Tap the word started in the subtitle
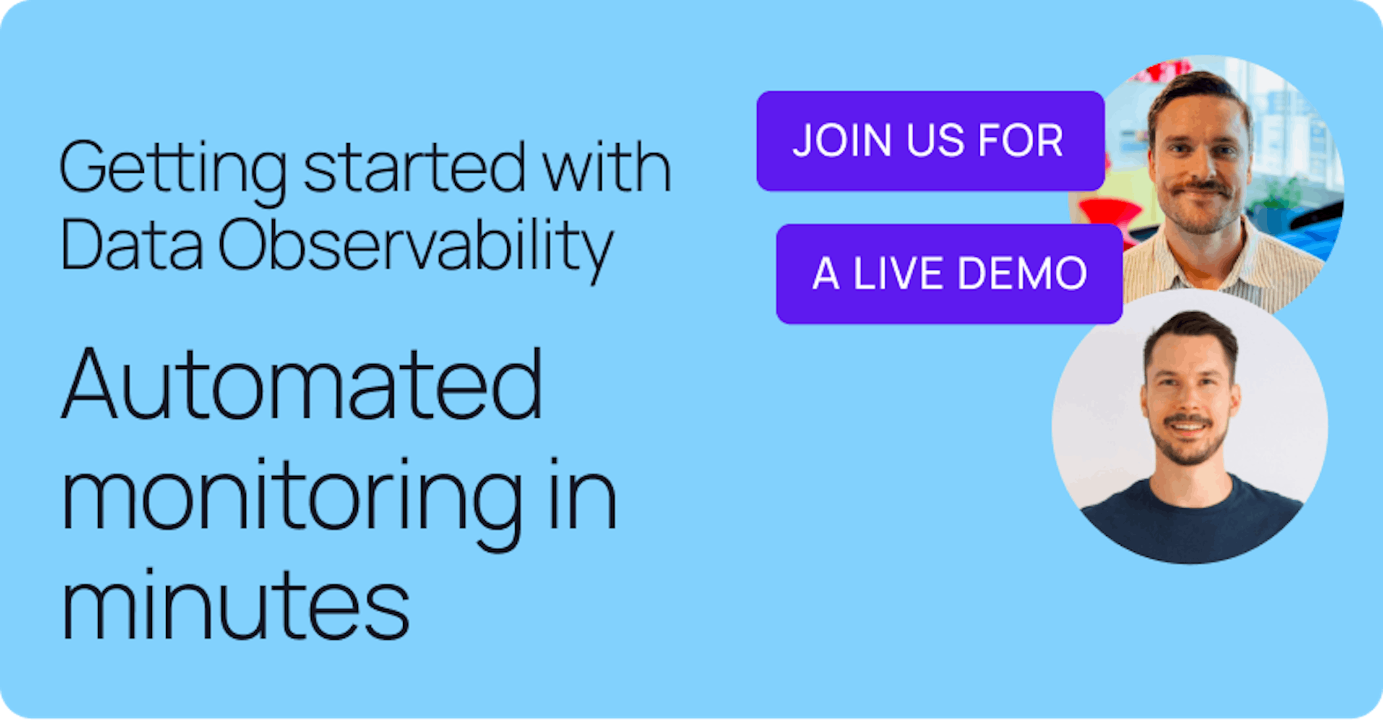click(414, 167)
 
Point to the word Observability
click(415, 246)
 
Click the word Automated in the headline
click(302, 385)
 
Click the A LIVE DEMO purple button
click(949, 274)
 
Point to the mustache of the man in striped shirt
click(1199, 187)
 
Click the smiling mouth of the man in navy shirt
click(1187, 427)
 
